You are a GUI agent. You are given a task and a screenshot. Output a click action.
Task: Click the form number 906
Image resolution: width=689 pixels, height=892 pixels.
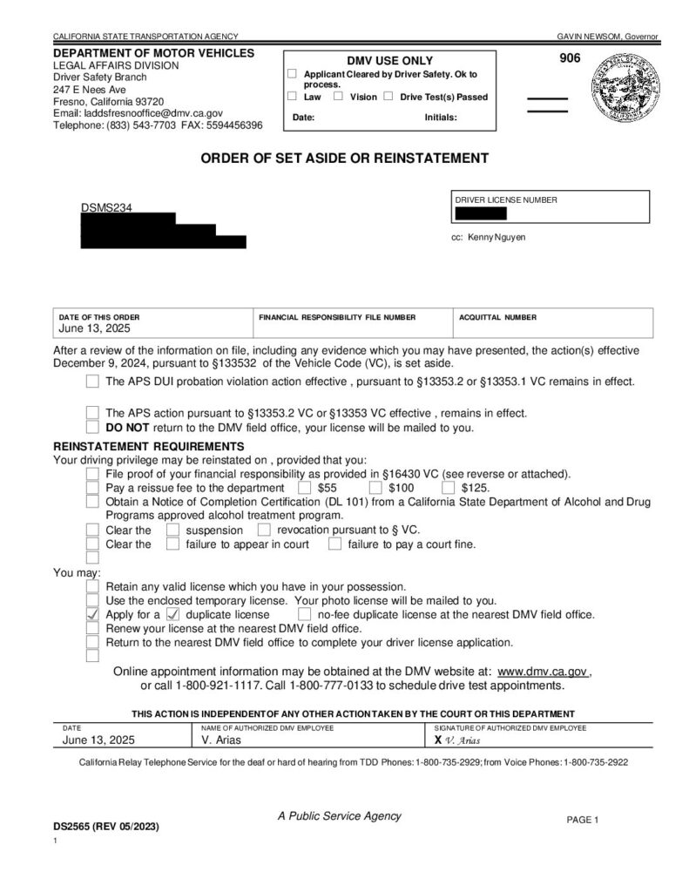pyautogui.click(x=568, y=59)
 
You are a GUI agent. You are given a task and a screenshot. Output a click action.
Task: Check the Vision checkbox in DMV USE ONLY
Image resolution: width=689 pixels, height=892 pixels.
pyautogui.click(x=339, y=97)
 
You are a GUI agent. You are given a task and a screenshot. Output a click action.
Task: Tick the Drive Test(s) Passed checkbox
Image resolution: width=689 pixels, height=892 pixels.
pyautogui.click(x=388, y=97)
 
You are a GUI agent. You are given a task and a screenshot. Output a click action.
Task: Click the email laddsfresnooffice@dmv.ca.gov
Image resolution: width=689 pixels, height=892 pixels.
pyautogui.click(x=138, y=113)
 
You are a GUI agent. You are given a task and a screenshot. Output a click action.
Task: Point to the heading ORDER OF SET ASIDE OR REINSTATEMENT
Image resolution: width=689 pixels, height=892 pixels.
pyautogui.click(x=345, y=159)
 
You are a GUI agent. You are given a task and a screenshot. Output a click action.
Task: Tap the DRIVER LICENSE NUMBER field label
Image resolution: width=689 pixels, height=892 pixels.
pyautogui.click(x=506, y=200)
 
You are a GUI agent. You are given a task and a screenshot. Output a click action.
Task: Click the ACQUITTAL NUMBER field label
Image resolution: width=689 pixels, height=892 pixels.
pyautogui.click(x=498, y=317)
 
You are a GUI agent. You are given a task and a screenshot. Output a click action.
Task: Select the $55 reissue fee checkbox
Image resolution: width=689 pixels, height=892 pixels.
pyautogui.click(x=305, y=488)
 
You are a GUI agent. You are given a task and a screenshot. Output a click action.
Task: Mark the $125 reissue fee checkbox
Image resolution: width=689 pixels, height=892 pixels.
pyautogui.click(x=449, y=488)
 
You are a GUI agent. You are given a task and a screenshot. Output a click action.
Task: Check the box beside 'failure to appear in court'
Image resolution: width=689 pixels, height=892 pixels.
pyautogui.click(x=172, y=544)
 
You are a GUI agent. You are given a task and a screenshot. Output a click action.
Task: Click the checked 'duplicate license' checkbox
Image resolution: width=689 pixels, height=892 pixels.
pyautogui.click(x=172, y=614)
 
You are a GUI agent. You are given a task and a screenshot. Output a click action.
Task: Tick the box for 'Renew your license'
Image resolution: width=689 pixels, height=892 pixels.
pyautogui.click(x=93, y=628)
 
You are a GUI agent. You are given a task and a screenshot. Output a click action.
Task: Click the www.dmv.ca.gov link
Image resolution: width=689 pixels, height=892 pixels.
pyautogui.click(x=543, y=672)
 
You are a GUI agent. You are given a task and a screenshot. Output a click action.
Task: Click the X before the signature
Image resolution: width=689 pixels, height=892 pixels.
pyautogui.click(x=438, y=740)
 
